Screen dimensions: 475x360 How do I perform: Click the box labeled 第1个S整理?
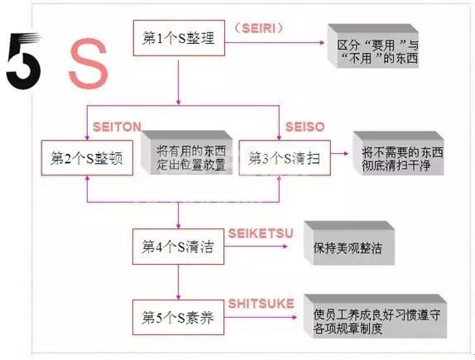tap(179, 38)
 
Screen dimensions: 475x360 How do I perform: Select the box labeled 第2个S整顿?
tap(87, 157)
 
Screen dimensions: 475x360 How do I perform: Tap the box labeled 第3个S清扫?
tap(285, 157)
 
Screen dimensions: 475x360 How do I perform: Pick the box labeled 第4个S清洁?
tap(179, 247)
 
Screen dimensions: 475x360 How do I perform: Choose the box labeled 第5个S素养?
tap(179, 318)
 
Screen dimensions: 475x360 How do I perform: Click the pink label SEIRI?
tap(259, 28)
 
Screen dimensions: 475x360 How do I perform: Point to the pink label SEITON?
tap(117, 127)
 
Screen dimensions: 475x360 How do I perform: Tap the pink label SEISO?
tap(305, 127)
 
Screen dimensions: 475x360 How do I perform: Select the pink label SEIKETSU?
tap(261, 233)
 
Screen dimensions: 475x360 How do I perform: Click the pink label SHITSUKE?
tap(261, 304)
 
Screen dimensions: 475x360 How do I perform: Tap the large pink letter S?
tap(89, 64)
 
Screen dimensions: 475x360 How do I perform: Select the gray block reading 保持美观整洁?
tap(349, 243)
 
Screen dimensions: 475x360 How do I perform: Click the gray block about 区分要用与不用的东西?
tap(373, 46)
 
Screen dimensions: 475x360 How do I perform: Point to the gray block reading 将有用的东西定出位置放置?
tap(187, 152)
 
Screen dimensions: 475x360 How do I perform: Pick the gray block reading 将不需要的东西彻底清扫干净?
tap(398, 153)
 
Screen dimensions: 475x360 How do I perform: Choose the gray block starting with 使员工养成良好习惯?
tap(376, 316)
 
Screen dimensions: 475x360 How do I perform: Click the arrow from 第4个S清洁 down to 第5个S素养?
tap(179, 282)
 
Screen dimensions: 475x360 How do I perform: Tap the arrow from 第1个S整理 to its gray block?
tap(275, 43)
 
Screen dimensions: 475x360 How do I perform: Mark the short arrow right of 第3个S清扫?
tap(339, 153)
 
